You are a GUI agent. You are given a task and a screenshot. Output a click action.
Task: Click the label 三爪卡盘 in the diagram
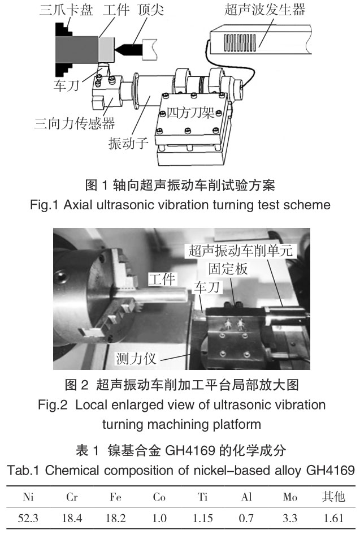[x=66, y=9]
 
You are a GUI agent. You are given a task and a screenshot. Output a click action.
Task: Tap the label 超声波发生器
[x=264, y=9]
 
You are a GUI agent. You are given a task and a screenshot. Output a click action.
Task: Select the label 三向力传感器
[x=75, y=123]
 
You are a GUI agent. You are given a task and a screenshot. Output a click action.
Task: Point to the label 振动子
[x=128, y=143]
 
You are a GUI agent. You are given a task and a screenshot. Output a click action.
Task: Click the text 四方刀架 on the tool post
[x=190, y=113]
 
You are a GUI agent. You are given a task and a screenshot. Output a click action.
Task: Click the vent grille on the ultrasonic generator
[x=240, y=42]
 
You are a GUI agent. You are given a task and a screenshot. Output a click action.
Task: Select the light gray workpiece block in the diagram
[x=107, y=49]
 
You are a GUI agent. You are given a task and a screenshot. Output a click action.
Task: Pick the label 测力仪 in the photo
[x=136, y=359]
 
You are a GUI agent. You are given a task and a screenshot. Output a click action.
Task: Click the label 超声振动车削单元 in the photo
[x=241, y=251]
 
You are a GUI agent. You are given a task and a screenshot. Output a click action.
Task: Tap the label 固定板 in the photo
[x=228, y=269]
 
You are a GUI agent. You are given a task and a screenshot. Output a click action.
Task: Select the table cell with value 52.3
[x=28, y=518]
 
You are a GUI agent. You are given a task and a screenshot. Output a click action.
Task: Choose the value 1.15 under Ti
[x=203, y=518]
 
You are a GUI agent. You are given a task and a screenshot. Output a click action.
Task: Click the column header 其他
[x=333, y=497]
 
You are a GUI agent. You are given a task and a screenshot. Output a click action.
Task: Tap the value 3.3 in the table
[x=290, y=518]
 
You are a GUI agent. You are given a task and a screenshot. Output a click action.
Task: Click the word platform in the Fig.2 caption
[x=237, y=425]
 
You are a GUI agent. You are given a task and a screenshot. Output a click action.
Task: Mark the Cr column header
[x=72, y=497]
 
